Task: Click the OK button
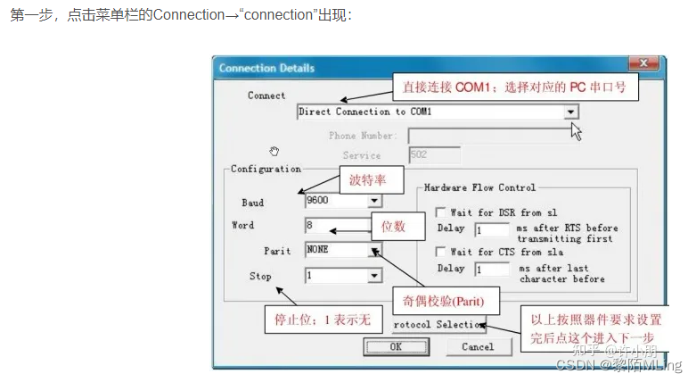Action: tap(396, 346)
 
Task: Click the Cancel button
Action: tap(477, 346)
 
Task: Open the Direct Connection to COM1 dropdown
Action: tap(570, 112)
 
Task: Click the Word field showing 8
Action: tap(337, 226)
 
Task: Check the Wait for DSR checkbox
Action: tap(440, 212)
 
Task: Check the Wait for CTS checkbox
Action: tap(440, 253)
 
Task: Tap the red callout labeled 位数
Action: tap(393, 227)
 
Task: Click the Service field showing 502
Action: tap(435, 155)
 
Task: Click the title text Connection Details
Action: tap(266, 68)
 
